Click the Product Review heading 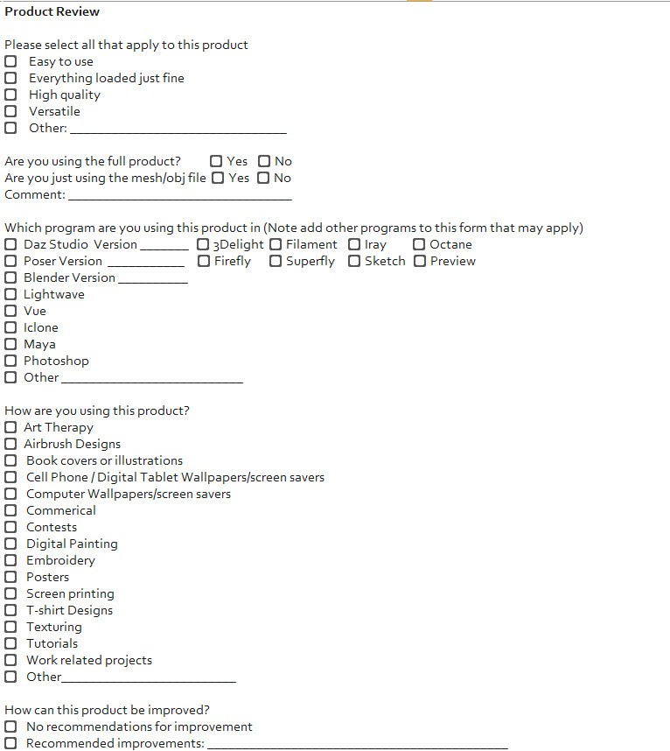pos(52,11)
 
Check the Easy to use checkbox pos(10,61)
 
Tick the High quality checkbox pos(10,95)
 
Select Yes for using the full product pos(216,161)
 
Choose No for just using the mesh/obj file pos(263,178)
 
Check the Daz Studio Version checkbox pos(10,244)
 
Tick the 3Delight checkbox pos(203,244)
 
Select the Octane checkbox pos(420,244)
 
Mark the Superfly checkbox pos(276,261)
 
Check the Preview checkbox pos(420,261)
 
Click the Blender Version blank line pos(152,280)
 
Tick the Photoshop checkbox pos(10,361)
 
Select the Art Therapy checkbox pos(10,427)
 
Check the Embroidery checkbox pos(10,560)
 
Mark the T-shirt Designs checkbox pos(10,610)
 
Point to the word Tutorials pos(52,643)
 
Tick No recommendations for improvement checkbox pos(10,726)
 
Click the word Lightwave pos(54,294)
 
